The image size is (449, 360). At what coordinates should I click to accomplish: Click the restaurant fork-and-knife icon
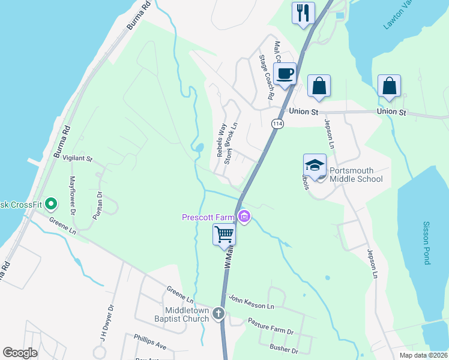click(303, 12)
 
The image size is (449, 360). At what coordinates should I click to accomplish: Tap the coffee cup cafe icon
click(285, 74)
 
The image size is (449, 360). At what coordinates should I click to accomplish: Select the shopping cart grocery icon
click(224, 234)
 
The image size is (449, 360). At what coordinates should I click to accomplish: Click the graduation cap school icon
click(315, 164)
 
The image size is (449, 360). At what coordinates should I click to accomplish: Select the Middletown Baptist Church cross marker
click(218, 313)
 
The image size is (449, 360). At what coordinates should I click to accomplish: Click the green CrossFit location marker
click(51, 204)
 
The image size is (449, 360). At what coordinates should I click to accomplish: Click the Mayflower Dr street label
click(72, 195)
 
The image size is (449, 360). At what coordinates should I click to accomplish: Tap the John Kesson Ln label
click(251, 302)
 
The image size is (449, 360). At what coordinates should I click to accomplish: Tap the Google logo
click(20, 352)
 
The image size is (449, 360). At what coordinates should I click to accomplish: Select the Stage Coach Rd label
click(267, 77)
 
